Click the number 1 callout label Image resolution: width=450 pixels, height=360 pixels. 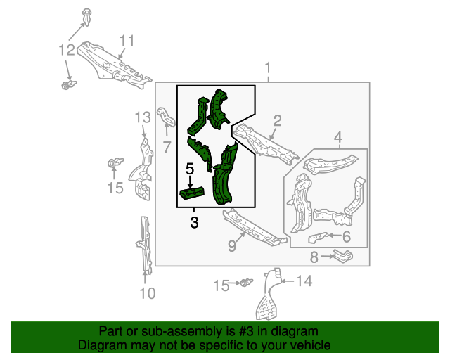pyautogui.click(x=268, y=67)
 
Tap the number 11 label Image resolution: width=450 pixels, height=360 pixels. pyautogui.click(x=126, y=40)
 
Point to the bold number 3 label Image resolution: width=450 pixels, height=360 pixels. pyautogui.click(x=194, y=223)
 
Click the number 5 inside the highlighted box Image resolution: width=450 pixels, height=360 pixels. pyautogui.click(x=189, y=169)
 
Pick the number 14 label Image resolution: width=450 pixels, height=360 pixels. pyautogui.click(x=303, y=282)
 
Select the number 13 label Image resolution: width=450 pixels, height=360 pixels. pyautogui.click(x=143, y=117)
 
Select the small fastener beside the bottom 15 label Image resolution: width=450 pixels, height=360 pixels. pyautogui.click(x=245, y=283)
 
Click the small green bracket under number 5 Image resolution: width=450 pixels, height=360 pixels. pyautogui.click(x=192, y=193)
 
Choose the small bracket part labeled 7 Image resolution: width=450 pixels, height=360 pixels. pyautogui.click(x=165, y=117)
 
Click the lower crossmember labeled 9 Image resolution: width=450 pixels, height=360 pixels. pyautogui.click(x=253, y=230)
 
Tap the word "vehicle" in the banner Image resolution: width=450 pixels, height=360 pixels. pyautogui.click(x=307, y=345)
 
